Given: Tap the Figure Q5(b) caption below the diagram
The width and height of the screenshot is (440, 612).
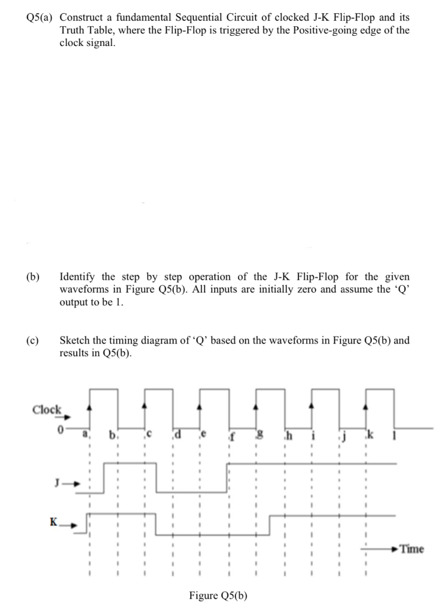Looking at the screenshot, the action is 218,595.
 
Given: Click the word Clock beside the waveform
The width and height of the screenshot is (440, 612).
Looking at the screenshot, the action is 47,409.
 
